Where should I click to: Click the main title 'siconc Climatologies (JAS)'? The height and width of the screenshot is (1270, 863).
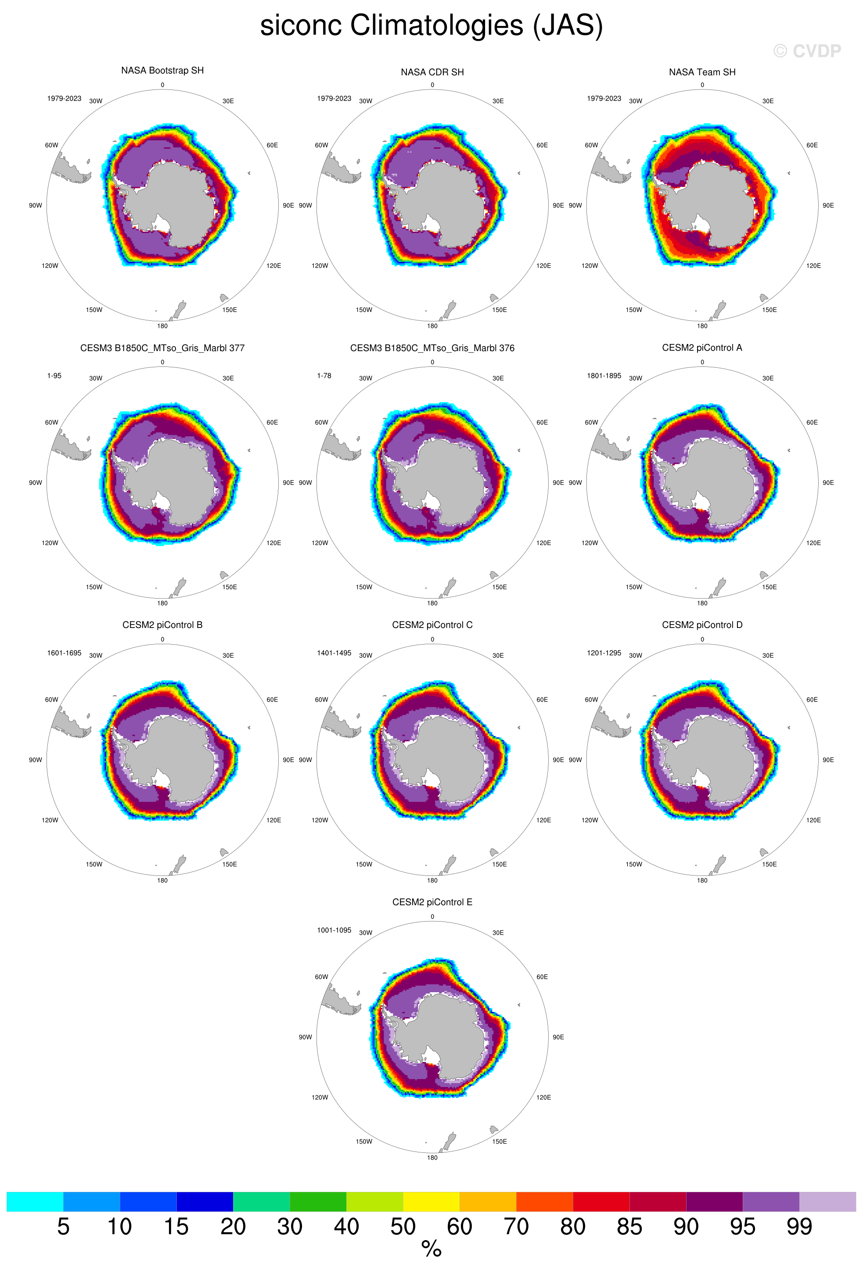pos(431,26)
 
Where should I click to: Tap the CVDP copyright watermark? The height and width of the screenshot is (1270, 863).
pos(807,51)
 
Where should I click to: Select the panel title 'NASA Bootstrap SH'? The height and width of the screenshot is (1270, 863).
pos(162,71)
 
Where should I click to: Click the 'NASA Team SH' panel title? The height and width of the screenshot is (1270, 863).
pos(702,72)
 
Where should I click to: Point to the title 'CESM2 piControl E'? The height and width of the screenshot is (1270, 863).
pos(432,902)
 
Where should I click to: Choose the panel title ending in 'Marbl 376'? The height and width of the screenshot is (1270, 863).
pos(432,348)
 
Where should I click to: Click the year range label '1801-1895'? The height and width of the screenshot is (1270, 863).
pos(604,376)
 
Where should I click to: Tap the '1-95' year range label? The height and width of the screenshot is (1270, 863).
pos(54,376)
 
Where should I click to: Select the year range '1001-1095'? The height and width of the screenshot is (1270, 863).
pos(334,930)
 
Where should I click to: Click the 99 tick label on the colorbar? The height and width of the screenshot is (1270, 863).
pos(799,1227)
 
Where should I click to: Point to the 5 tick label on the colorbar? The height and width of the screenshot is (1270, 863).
pos(63,1227)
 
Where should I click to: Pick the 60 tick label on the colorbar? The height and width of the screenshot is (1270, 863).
pos(459,1227)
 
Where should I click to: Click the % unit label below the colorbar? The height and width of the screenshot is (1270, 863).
pos(431,1249)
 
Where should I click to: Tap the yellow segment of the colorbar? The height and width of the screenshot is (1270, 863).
pos(431,1202)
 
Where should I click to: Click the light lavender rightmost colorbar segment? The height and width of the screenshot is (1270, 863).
pos(827,1202)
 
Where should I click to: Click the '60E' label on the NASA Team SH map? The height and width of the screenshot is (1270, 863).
pos(812,145)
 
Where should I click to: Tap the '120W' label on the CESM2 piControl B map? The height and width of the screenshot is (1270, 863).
pos(50,820)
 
